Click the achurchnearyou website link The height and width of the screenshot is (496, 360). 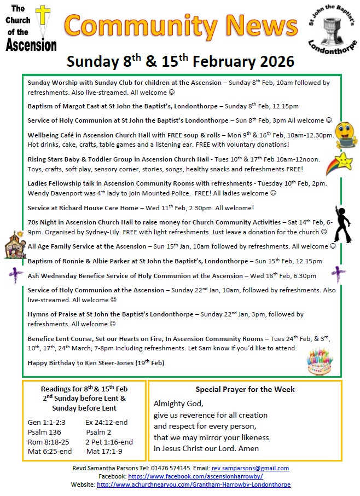(x=194, y=485)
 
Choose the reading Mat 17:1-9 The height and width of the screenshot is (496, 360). (x=104, y=452)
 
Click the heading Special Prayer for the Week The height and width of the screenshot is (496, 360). (x=245, y=389)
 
